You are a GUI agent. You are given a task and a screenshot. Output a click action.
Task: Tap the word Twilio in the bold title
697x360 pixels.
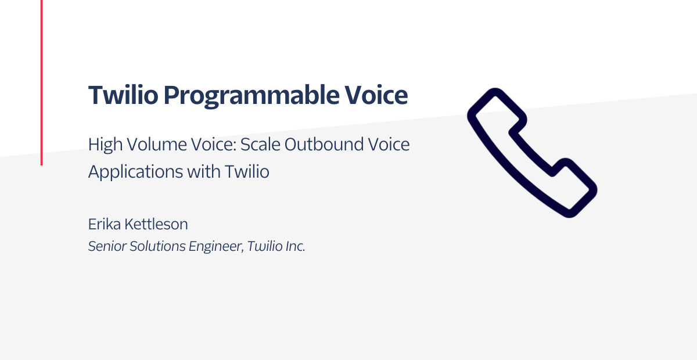click(123, 94)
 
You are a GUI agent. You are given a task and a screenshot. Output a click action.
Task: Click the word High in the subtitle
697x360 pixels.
click(105, 145)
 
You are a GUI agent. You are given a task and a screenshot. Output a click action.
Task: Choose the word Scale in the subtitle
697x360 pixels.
click(260, 145)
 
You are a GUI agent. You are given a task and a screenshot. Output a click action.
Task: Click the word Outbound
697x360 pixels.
click(324, 145)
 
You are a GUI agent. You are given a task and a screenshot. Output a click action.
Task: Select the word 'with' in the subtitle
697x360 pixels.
click(203, 171)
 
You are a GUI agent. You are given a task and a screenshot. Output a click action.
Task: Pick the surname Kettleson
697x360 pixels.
click(156, 224)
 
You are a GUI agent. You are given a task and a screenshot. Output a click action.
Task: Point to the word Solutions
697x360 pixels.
click(157, 246)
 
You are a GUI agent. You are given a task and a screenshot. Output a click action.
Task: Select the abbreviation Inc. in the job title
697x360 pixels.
click(295, 246)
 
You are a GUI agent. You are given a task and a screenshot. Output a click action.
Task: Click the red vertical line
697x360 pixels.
click(42, 82)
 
